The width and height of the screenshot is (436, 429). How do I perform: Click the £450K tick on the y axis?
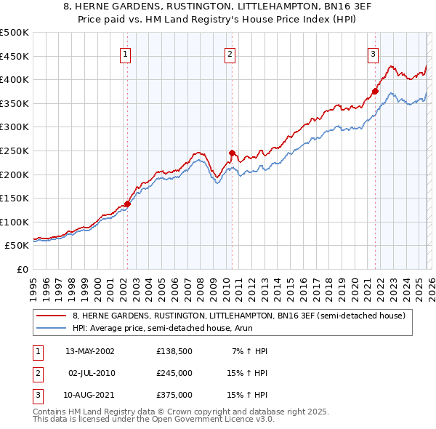tap(15, 56)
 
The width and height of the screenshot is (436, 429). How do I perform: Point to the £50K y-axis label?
tap(17, 246)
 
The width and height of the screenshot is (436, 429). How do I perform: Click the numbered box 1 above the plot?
tap(126, 53)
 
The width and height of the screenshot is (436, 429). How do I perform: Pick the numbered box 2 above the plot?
tap(230, 53)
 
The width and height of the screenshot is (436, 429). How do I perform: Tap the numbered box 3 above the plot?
tap(373, 53)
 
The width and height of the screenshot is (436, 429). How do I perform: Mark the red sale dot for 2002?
tap(127, 204)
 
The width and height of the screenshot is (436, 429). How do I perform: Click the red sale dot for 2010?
tap(232, 153)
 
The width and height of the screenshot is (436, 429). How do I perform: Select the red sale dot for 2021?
tap(375, 92)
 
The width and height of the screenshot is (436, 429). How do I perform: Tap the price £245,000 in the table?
tap(174, 373)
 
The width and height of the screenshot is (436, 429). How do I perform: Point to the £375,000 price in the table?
tap(174, 395)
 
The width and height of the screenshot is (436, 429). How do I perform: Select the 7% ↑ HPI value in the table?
tap(250, 351)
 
